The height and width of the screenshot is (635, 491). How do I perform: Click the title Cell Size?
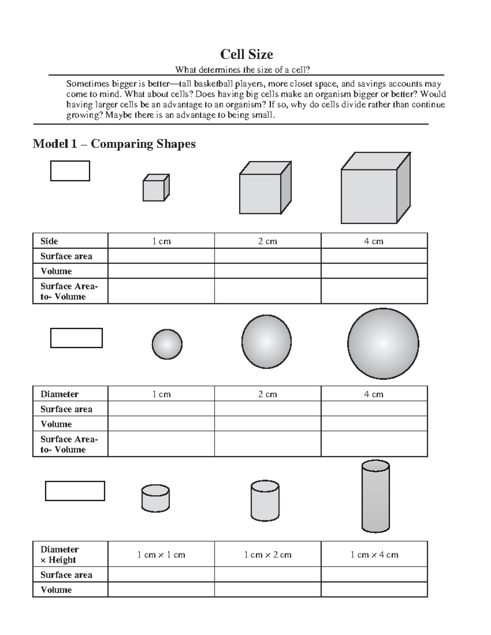pos(246,54)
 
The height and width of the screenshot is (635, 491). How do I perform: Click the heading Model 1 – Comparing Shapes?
pos(114,144)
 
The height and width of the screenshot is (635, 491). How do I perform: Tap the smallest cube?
pos(155,188)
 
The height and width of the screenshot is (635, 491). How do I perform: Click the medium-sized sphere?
pos(266,341)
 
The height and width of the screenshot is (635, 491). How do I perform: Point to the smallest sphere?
pos(167,344)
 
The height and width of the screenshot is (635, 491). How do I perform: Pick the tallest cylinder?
pos(375,496)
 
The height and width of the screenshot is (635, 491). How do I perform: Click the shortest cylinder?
pos(155,499)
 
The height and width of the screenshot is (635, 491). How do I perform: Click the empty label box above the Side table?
pos(70,171)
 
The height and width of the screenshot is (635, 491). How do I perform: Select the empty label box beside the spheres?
pos(77,338)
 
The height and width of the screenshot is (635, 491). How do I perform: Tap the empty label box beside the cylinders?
pos(75,491)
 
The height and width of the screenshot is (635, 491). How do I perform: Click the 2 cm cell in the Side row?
pos(268,241)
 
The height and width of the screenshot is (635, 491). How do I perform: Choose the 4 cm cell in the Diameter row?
pos(374,394)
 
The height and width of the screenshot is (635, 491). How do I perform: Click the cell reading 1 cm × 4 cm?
pos(374,555)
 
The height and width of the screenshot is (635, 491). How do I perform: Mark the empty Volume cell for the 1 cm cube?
pos(161,271)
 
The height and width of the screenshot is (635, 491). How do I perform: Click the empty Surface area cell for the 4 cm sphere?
pos(374,409)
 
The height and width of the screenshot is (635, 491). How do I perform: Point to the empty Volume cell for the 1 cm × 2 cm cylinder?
pos(268,590)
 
